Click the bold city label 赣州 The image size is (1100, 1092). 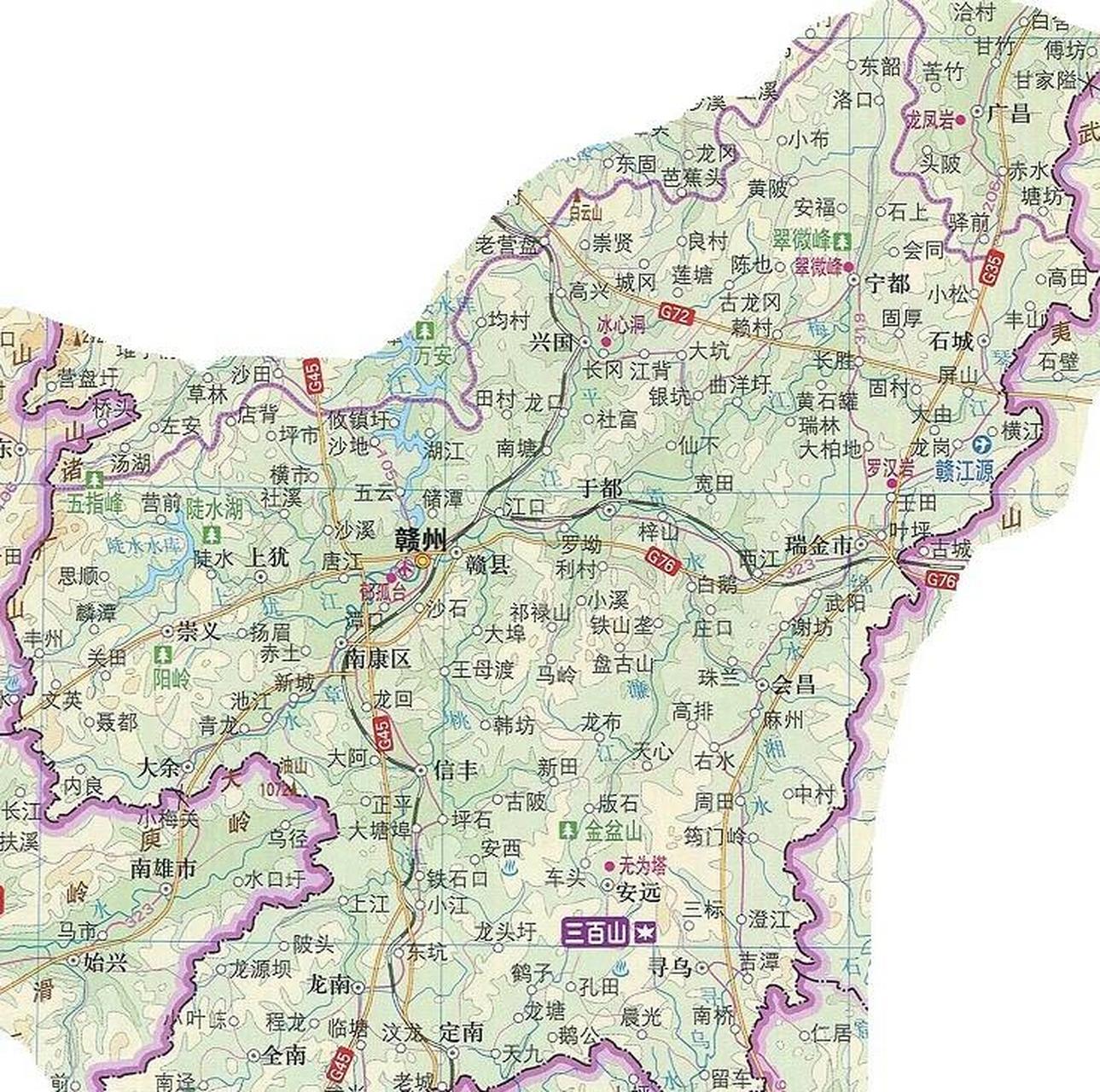coord(420,539)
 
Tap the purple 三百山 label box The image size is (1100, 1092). coord(596,933)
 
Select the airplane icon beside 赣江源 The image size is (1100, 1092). coord(980,444)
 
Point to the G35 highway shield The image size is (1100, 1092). coord(992,267)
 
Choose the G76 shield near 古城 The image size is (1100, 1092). coord(941,580)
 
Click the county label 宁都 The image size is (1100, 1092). coord(888,282)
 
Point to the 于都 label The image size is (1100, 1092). coord(601,489)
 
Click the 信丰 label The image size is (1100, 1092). coord(456,771)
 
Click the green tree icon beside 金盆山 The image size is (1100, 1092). coord(567,828)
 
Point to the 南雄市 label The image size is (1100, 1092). coord(163,869)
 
